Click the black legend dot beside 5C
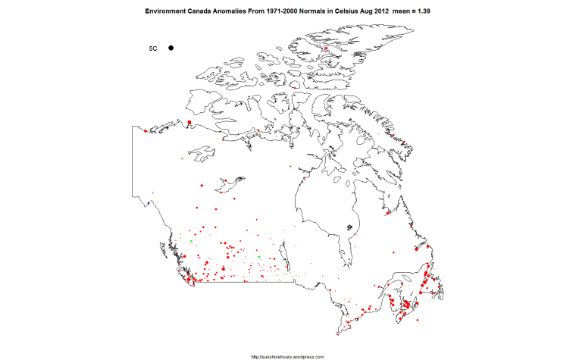point(171,48)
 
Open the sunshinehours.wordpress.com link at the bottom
point(287,356)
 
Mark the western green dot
point(192,241)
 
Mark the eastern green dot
point(259,257)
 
